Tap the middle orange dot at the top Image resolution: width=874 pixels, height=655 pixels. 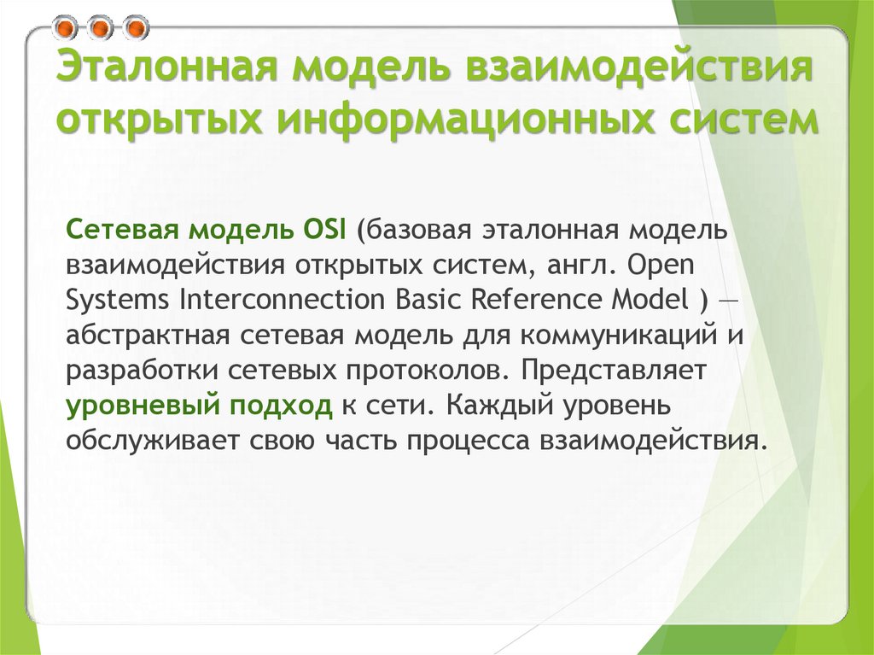click(x=101, y=28)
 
